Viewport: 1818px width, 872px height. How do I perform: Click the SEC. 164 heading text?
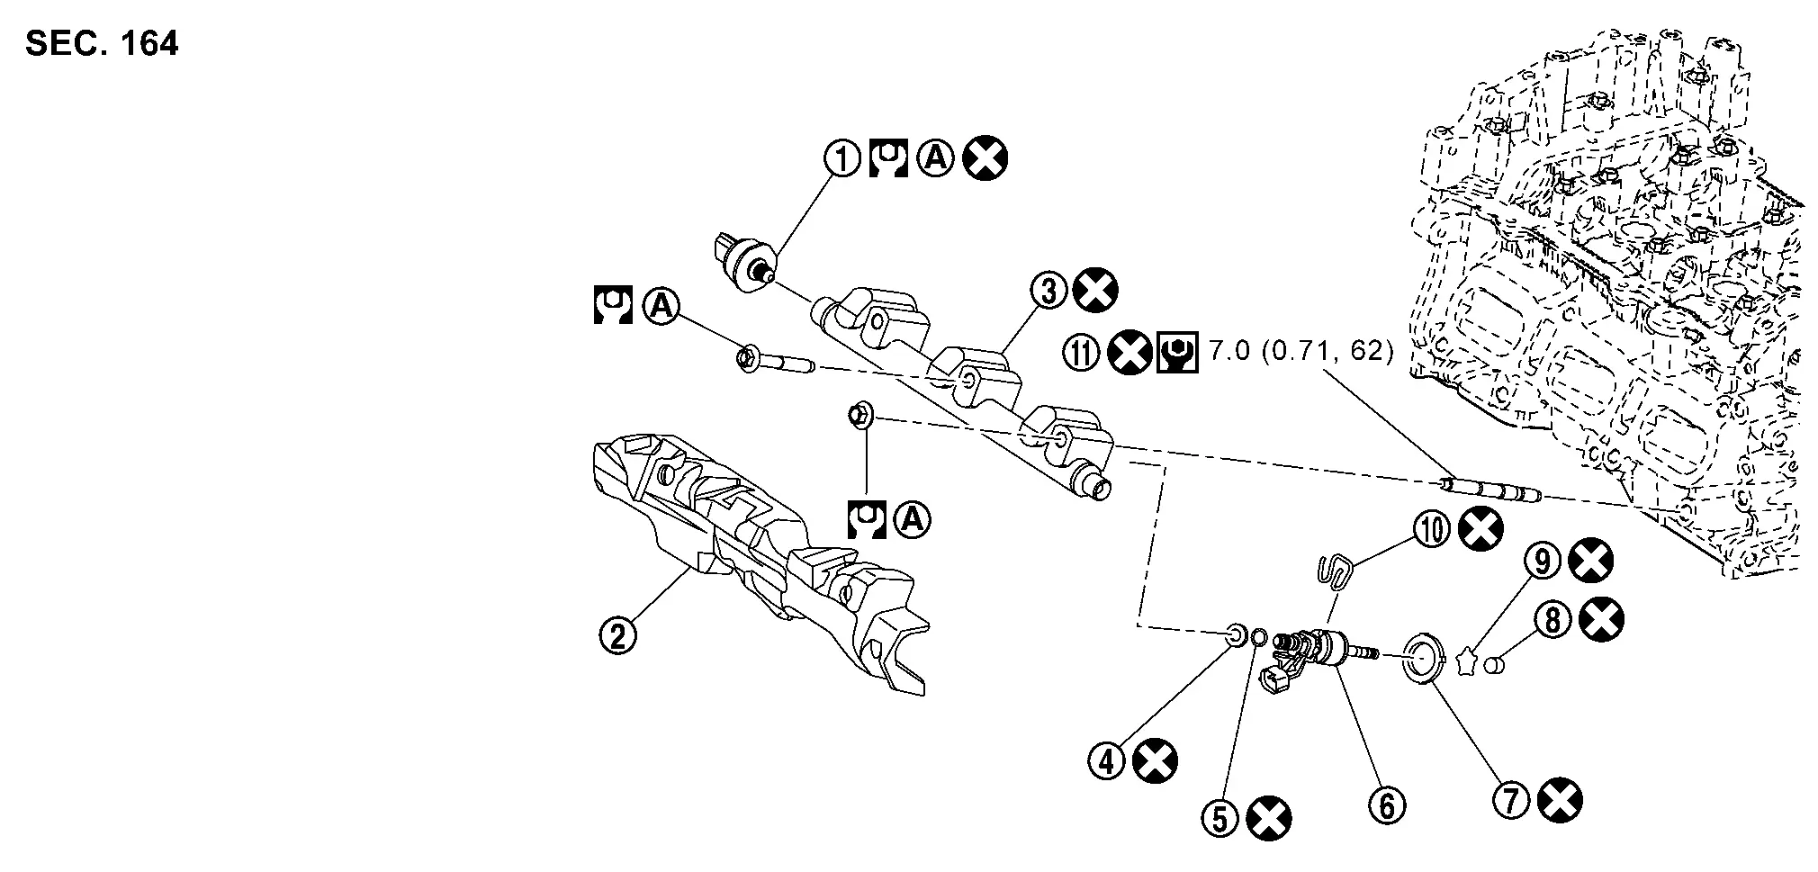point(102,43)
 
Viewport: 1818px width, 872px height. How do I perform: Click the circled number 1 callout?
point(843,160)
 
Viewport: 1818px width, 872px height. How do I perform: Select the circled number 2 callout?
point(618,635)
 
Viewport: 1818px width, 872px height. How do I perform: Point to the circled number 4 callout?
point(1108,761)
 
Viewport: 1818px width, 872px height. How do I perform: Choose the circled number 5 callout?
point(1220,818)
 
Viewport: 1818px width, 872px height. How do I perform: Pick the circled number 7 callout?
point(1512,799)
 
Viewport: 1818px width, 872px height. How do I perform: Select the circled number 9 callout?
point(1543,562)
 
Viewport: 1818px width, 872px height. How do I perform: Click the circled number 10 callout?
point(1432,529)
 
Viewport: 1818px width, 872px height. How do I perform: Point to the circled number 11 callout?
point(1082,352)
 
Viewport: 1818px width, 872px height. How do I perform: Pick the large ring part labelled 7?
point(1423,660)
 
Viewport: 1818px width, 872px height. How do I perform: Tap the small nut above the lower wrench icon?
point(858,416)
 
